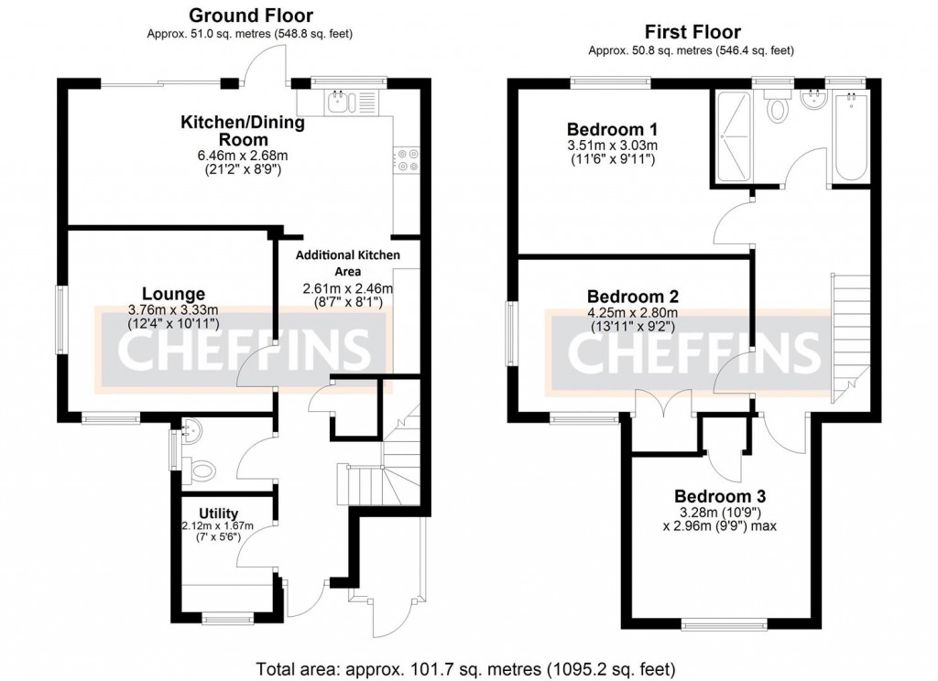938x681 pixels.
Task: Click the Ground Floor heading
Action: pyautogui.click(x=250, y=16)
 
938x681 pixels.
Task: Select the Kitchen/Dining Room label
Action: pyautogui.click(x=243, y=130)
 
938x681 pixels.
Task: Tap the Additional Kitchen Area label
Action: pyautogui.click(x=347, y=263)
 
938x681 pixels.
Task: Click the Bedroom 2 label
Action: pyautogui.click(x=633, y=297)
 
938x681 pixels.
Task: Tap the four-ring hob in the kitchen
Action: pyautogui.click(x=407, y=161)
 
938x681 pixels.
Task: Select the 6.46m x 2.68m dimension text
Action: pyautogui.click(x=243, y=156)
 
